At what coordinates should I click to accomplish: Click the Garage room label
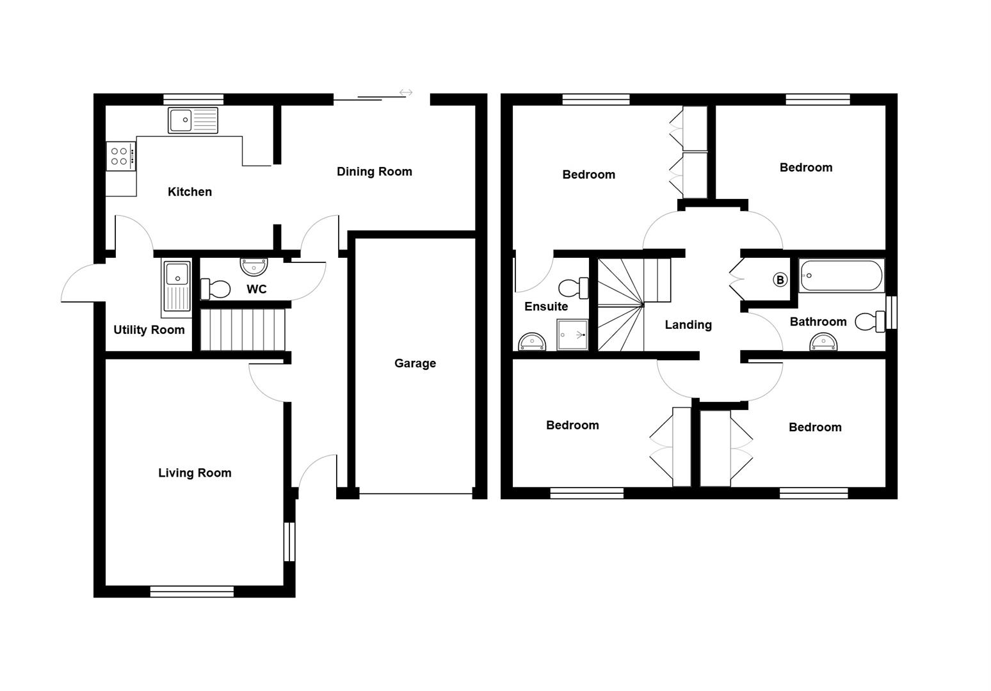pyautogui.click(x=415, y=363)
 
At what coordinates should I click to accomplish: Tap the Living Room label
pyautogui.click(x=195, y=473)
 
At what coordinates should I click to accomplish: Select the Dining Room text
pyautogui.click(x=375, y=171)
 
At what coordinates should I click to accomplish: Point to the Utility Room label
pyautogui.click(x=149, y=330)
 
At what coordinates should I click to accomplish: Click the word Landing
pyautogui.click(x=688, y=325)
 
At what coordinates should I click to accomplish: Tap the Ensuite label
pyautogui.click(x=546, y=306)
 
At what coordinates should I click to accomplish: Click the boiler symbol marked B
pyautogui.click(x=780, y=280)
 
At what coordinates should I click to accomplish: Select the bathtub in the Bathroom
pyautogui.click(x=841, y=276)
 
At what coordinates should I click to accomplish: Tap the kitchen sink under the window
pyautogui.click(x=193, y=120)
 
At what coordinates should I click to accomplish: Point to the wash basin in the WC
pyautogui.click(x=254, y=266)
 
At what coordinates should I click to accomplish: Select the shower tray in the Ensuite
pyautogui.click(x=572, y=335)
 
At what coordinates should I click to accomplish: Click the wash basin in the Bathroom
pyautogui.click(x=823, y=344)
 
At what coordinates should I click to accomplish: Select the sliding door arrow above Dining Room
pyautogui.click(x=406, y=93)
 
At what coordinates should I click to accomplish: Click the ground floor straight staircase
pyautogui.click(x=243, y=330)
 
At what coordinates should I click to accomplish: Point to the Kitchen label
pyautogui.click(x=189, y=192)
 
